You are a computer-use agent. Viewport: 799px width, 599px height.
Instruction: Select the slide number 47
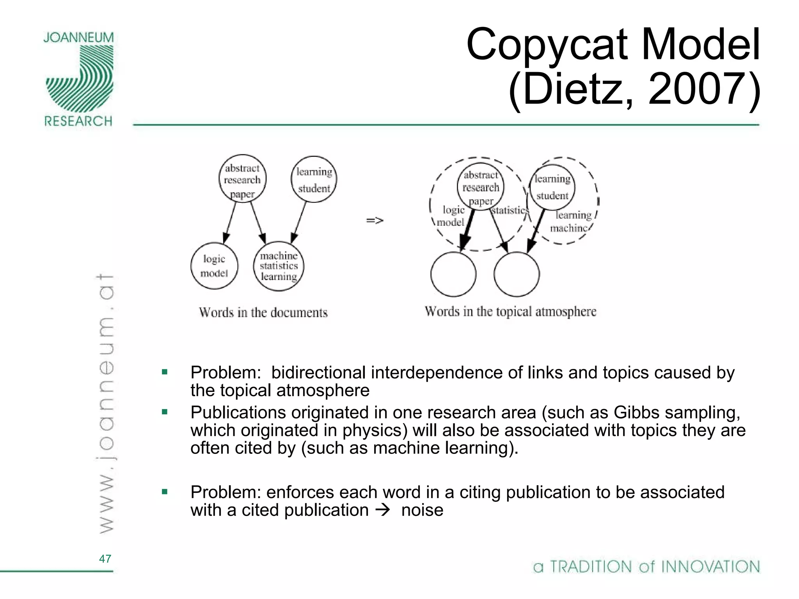coord(105,559)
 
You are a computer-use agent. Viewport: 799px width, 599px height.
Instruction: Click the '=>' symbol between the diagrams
coord(375,221)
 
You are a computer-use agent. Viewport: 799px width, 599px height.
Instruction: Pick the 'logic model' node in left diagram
coord(214,266)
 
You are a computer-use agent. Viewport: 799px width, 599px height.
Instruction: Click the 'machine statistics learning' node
coord(279,266)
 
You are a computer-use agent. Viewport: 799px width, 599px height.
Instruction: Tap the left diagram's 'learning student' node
coord(314,179)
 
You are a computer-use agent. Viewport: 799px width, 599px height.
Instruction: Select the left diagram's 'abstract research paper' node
coord(242,179)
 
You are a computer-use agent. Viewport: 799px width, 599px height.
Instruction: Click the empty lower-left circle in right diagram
coord(453,274)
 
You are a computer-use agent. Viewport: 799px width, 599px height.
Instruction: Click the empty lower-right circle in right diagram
coord(517,274)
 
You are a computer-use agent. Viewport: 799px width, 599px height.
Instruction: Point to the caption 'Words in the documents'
coord(263,312)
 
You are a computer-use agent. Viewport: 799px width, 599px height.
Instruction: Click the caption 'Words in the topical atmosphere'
coord(510,312)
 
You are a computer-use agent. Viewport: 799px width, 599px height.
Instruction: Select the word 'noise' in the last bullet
coord(422,510)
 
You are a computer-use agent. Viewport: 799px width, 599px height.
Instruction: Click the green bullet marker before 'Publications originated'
coord(165,412)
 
